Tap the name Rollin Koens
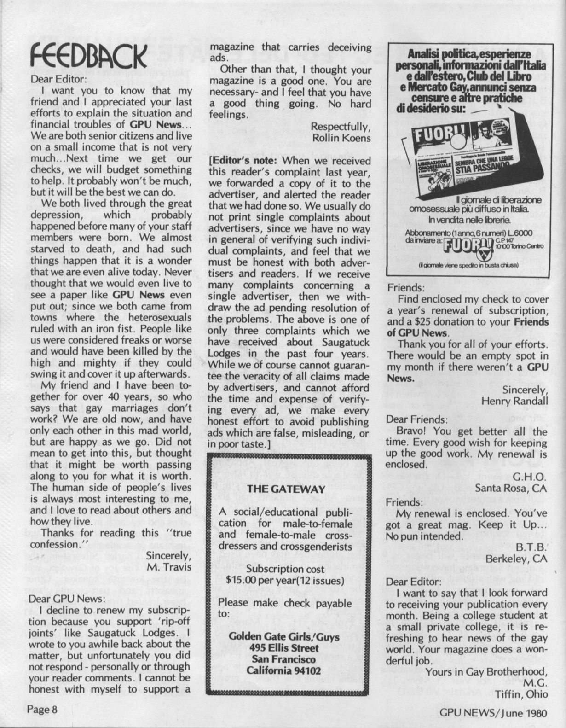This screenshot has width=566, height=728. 341,138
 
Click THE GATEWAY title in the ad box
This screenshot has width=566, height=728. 286,489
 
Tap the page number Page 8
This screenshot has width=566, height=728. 44,709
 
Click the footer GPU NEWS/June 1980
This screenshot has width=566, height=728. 493,713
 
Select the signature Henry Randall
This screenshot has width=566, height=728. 514,401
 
